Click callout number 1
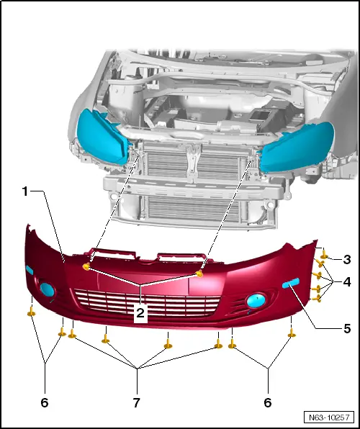pyautogui.click(x=25, y=192)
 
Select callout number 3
pyautogui.click(x=347, y=259)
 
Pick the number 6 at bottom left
pyautogui.click(x=44, y=403)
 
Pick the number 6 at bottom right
pyautogui.click(x=269, y=403)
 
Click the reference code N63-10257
pyautogui.click(x=329, y=417)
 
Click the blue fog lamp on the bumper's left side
pyautogui.click(x=48, y=291)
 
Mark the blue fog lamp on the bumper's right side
pyautogui.click(x=256, y=301)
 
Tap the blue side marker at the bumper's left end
pyautogui.click(x=30, y=269)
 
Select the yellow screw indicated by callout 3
pyautogui.click(x=324, y=254)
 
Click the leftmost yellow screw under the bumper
pyautogui.click(x=32, y=312)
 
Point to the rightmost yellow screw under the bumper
pyautogui.click(x=292, y=335)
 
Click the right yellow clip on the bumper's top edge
pyautogui.click(x=200, y=274)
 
